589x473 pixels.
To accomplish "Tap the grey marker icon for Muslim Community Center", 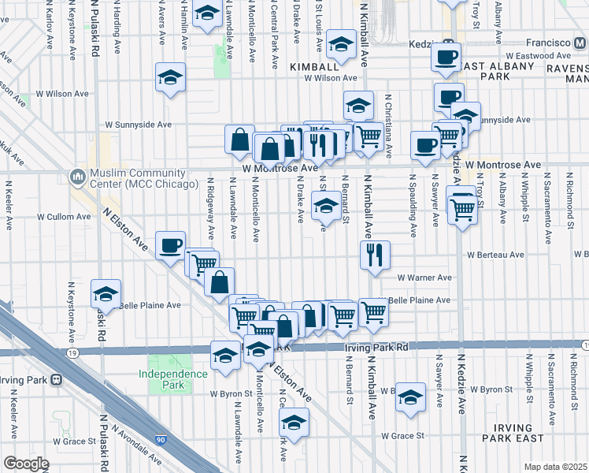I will pos(78,176).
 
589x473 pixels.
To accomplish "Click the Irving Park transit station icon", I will pos(56,380).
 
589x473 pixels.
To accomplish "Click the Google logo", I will pos(26,464).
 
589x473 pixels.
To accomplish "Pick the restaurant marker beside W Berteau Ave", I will pos(373,255).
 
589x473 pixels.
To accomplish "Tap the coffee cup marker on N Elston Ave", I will pos(170,245).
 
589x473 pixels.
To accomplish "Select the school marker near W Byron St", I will pos(409,397).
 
